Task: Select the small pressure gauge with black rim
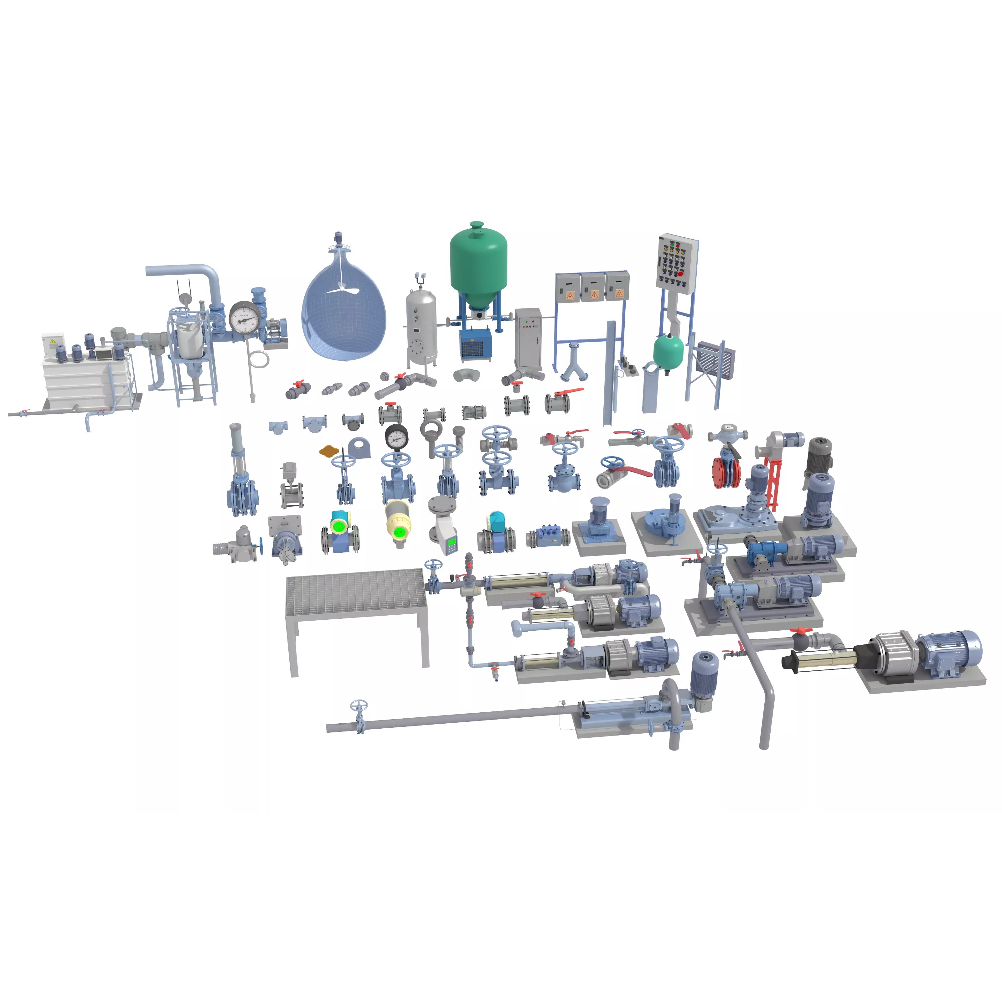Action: (x=397, y=437)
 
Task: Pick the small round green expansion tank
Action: (x=668, y=351)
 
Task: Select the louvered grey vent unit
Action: (x=716, y=360)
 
